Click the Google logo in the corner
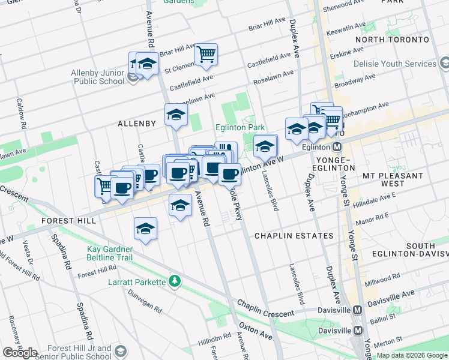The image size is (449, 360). tap(20, 353)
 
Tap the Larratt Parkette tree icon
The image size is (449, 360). tap(175, 281)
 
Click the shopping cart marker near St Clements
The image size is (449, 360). tap(206, 55)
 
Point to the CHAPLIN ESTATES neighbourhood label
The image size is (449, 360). tap(294, 236)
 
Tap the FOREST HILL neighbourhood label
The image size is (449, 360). tap(68, 221)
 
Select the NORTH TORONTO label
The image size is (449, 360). tap(393, 40)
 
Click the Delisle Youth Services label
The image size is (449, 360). tap(394, 64)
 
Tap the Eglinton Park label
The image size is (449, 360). tap(240, 128)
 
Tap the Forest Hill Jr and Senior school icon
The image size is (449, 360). tap(120, 350)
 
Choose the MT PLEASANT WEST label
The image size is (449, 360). tap(393, 179)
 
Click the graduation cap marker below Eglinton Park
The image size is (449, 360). tap(265, 145)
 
